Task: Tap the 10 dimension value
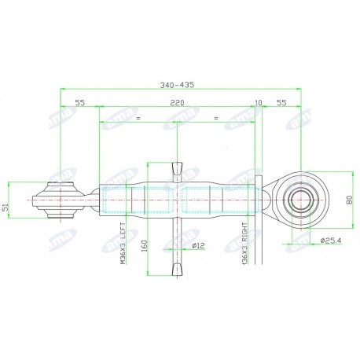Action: (259, 102)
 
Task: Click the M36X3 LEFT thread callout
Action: (123, 244)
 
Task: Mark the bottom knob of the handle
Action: (176, 270)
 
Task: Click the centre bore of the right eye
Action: (299, 200)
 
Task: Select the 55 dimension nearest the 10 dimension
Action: (281, 102)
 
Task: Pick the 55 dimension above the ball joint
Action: (79, 102)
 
